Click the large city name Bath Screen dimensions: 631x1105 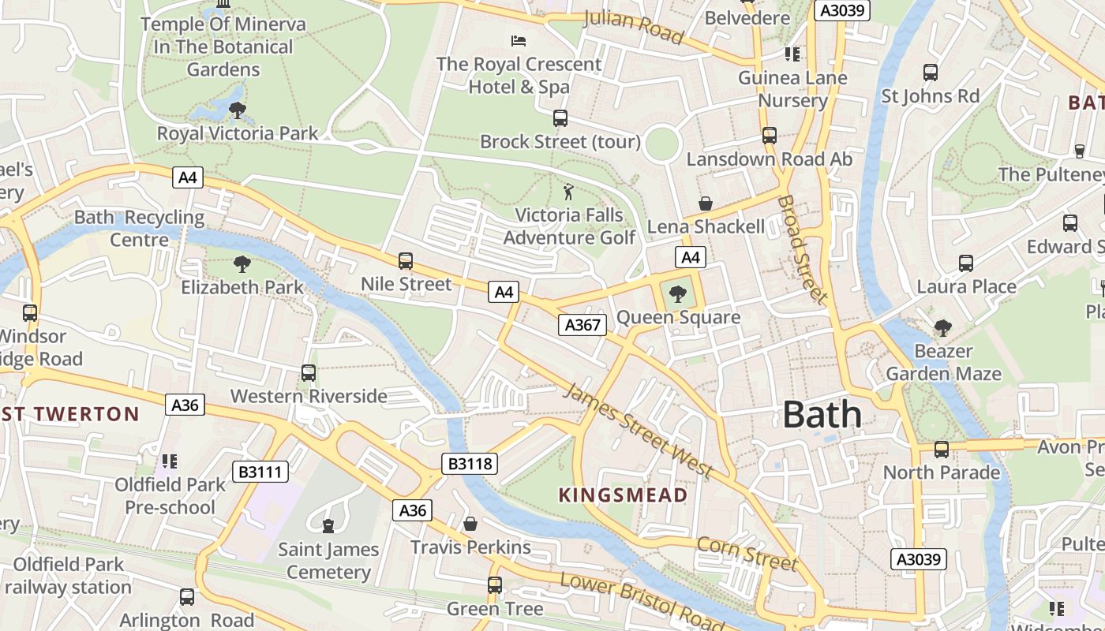pyautogui.click(x=822, y=415)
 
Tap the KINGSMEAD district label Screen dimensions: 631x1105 pyautogui.click(x=623, y=495)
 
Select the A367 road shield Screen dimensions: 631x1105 pyautogui.click(x=582, y=324)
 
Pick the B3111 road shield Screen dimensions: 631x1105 pyautogui.click(x=260, y=472)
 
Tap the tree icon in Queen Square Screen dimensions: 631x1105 pyautogui.click(x=677, y=295)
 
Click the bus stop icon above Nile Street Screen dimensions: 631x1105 pyautogui.click(x=406, y=261)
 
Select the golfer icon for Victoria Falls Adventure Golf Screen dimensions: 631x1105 pyautogui.click(x=568, y=192)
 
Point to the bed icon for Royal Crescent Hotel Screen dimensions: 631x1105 pyautogui.click(x=519, y=41)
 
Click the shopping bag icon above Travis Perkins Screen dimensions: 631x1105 pyautogui.click(x=470, y=524)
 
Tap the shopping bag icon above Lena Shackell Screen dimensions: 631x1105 pyautogui.click(x=705, y=204)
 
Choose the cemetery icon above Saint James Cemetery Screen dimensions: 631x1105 pyautogui.click(x=328, y=525)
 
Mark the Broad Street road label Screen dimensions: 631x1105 pyautogui.click(x=802, y=249)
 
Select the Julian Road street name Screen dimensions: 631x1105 pyautogui.click(x=633, y=27)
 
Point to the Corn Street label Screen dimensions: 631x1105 pyautogui.click(x=747, y=554)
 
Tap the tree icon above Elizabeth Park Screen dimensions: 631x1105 pyautogui.click(x=242, y=264)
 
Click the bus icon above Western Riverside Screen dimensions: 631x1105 pyautogui.click(x=309, y=373)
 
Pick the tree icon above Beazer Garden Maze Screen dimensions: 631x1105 pyautogui.click(x=942, y=327)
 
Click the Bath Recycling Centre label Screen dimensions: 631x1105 pyautogui.click(x=139, y=228)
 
